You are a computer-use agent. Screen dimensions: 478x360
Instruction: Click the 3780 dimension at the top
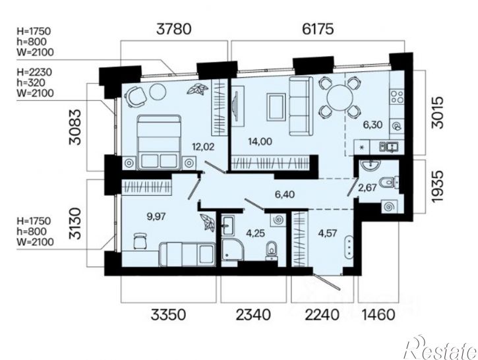(174, 29)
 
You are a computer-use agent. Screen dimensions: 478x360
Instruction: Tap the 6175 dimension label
(318, 29)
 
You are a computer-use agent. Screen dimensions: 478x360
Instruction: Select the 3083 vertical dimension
(75, 127)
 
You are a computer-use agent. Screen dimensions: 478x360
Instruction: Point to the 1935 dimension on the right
(436, 186)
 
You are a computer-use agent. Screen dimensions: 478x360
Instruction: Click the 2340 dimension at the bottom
(253, 315)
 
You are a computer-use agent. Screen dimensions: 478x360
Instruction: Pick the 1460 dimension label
(378, 315)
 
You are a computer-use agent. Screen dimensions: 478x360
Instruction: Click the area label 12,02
(203, 147)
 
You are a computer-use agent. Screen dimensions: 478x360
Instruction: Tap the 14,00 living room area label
(260, 142)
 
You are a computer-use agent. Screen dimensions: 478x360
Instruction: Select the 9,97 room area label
(156, 216)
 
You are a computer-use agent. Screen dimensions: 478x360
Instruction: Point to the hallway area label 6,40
(285, 194)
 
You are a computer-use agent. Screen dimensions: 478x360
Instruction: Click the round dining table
(340, 98)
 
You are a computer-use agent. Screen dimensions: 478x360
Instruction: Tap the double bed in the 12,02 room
(159, 142)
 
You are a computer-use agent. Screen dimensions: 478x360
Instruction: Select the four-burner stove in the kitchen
(397, 96)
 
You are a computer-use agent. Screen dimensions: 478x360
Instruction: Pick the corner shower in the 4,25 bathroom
(233, 249)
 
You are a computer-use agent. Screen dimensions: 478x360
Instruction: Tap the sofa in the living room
(301, 106)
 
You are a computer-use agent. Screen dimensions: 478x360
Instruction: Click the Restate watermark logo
(440, 347)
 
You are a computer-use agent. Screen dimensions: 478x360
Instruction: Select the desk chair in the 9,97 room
(140, 241)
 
